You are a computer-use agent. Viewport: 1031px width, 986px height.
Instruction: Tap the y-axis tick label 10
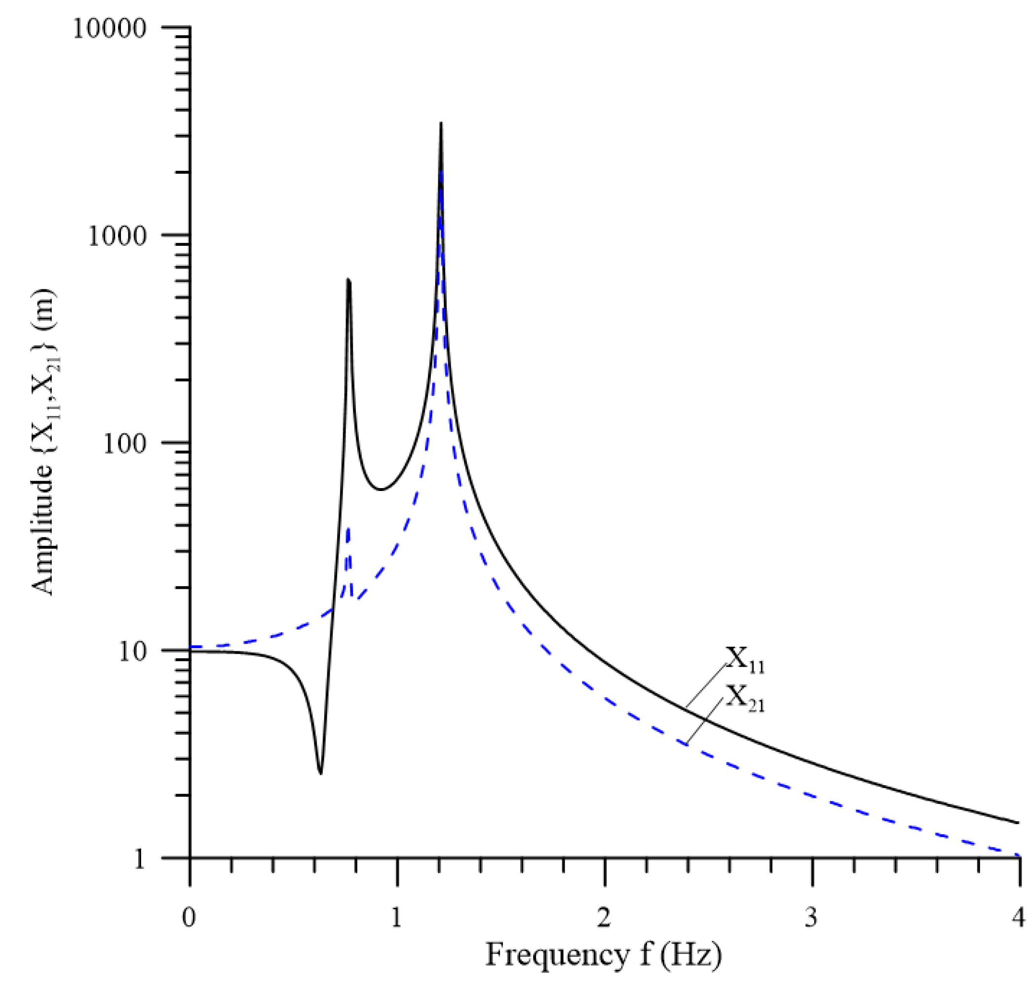pos(131,651)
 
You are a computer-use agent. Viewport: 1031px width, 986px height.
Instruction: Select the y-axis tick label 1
pos(139,859)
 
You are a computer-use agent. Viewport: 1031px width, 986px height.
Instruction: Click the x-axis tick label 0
pos(189,917)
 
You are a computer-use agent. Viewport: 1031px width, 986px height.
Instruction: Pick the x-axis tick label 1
pos(396,917)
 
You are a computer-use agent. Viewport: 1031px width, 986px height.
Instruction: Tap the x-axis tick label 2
pos(604,917)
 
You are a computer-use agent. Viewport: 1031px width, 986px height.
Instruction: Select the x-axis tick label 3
pos(811,917)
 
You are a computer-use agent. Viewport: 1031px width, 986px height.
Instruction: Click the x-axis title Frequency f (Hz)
pos(603,954)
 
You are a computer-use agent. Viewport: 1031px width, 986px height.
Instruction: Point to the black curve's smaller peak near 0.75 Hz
pos(348,280)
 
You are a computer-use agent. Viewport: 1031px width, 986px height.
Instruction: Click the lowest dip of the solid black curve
pos(320,773)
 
